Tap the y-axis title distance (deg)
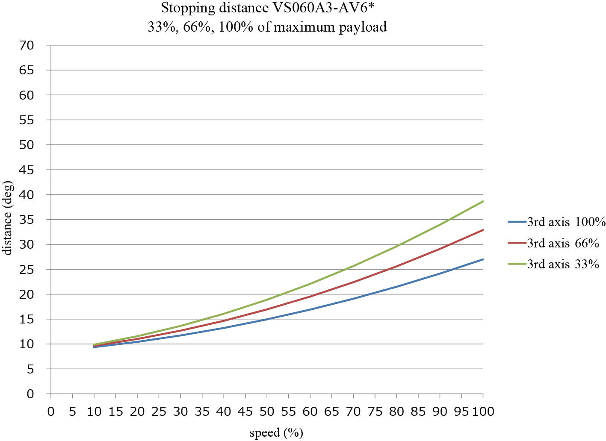pyautogui.click(x=8, y=218)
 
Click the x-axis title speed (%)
pyautogui.click(x=276, y=432)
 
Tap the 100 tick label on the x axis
pyautogui.click(x=483, y=412)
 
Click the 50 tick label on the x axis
pyautogui.click(x=267, y=412)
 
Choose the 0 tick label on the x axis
pyautogui.click(x=51, y=412)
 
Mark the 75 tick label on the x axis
pyautogui.click(x=375, y=412)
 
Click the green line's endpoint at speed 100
pyautogui.click(x=483, y=201)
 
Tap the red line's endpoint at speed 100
pyautogui.click(x=483, y=230)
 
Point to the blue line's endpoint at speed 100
pyautogui.click(x=483, y=259)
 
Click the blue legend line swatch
pyautogui.click(x=517, y=222)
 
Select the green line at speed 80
pyautogui.click(x=396, y=247)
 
